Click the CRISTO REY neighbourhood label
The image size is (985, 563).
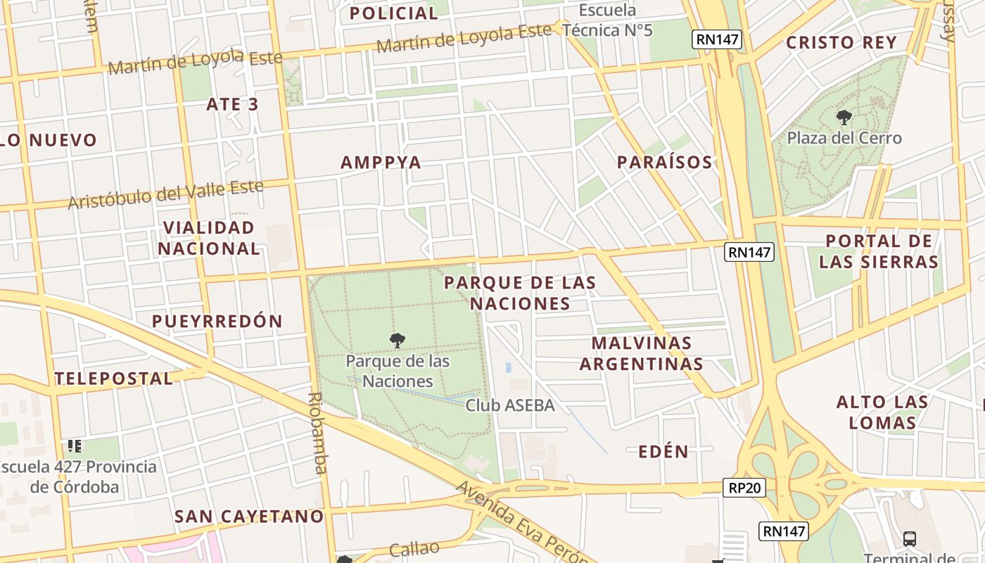[841, 43]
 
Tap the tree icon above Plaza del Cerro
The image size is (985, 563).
[844, 118]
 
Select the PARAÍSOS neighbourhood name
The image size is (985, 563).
[664, 163]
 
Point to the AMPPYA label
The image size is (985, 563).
[381, 163]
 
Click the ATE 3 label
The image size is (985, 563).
[232, 105]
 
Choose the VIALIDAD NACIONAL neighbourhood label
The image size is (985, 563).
[208, 238]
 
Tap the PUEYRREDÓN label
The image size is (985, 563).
[217, 322]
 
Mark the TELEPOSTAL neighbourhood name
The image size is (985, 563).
[113, 379]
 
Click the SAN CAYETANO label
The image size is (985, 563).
[249, 517]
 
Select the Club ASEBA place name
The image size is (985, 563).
[510, 405]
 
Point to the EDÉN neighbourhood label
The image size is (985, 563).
[663, 452]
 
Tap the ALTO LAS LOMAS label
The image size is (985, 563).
[882, 412]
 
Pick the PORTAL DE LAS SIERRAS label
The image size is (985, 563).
[879, 251]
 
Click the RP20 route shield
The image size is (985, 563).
[744, 488]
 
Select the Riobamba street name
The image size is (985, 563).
[317, 433]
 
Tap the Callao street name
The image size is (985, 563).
[414, 549]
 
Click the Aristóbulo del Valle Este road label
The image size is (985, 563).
[165, 195]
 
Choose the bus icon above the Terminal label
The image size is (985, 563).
[909, 539]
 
